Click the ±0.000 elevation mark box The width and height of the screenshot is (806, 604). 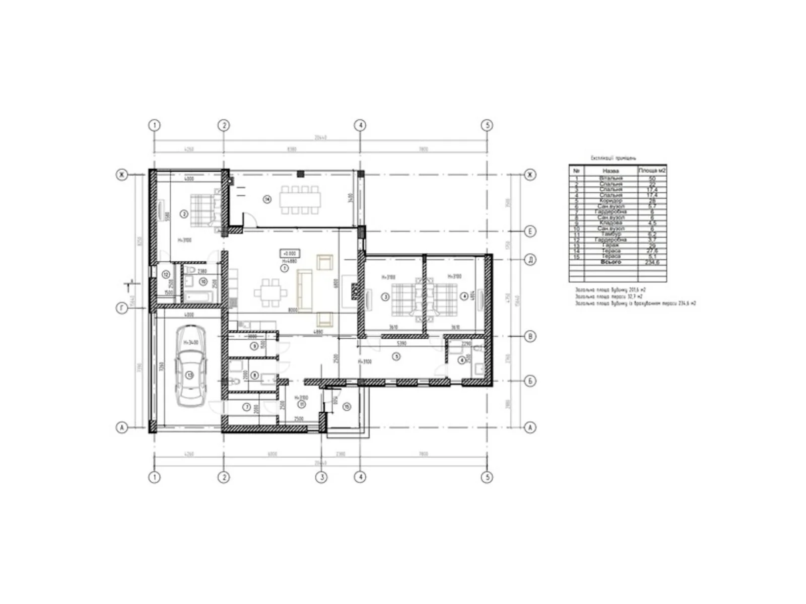click(289, 253)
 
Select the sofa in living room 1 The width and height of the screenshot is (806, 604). click(304, 290)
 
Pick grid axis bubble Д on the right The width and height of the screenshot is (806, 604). click(529, 260)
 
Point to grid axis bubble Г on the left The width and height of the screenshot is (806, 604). click(122, 308)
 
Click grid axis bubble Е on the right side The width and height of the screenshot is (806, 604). click(529, 232)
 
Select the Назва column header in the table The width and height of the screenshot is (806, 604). click(610, 171)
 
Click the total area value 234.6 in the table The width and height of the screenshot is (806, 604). click(652, 262)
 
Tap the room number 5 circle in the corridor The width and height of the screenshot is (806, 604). click(396, 356)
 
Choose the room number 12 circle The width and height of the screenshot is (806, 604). click(166, 275)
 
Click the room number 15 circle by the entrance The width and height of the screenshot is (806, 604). click(346, 406)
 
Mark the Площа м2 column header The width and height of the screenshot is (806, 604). click(652, 171)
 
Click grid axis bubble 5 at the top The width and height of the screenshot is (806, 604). click(486, 125)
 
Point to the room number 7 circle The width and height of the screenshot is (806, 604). click(247, 407)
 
